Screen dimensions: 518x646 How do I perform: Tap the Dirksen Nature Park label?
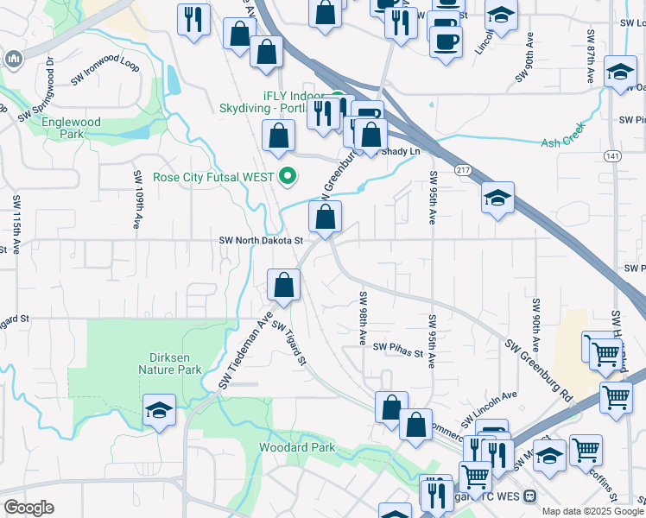point(169,363)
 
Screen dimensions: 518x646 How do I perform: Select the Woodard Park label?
point(297,448)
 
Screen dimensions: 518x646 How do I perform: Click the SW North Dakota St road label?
point(261,241)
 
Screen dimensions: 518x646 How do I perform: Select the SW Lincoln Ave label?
point(489,407)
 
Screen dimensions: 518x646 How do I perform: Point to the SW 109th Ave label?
point(136,199)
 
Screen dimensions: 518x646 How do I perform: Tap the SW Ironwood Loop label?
point(105,69)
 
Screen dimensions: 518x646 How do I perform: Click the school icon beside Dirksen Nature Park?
point(160,412)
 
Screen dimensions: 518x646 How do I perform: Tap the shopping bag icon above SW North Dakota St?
point(325,218)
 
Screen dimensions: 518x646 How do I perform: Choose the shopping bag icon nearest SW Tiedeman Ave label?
point(284,286)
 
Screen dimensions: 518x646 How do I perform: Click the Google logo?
point(28,508)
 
